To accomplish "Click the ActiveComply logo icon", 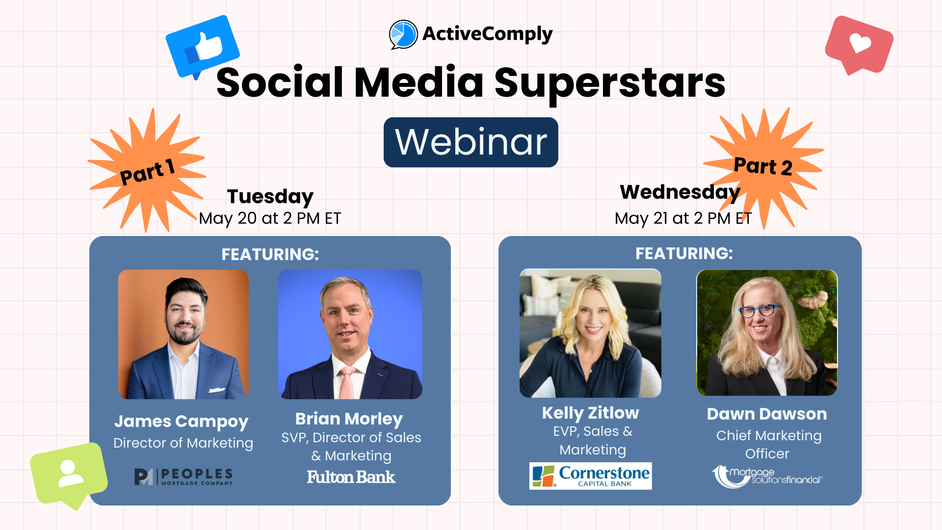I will (x=403, y=34).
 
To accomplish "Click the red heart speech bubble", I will (x=859, y=45).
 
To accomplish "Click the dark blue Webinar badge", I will (x=471, y=142).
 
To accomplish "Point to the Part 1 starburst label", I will (x=147, y=172).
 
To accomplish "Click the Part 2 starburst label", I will (x=763, y=166).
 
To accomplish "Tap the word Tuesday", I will (x=270, y=197).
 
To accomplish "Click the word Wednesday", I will (x=680, y=192).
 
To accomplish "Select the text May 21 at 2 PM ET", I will (x=683, y=218).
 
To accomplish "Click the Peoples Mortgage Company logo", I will (x=183, y=476).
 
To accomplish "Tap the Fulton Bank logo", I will (x=351, y=477).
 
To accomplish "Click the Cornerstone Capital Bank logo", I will (x=590, y=476).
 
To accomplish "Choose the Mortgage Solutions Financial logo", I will (x=767, y=476).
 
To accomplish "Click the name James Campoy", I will (x=182, y=422).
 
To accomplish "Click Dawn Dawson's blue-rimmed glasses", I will (x=760, y=311).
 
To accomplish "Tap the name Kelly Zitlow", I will (x=590, y=413).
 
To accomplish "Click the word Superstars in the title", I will (x=609, y=82).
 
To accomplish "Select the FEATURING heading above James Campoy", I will (x=270, y=254).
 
